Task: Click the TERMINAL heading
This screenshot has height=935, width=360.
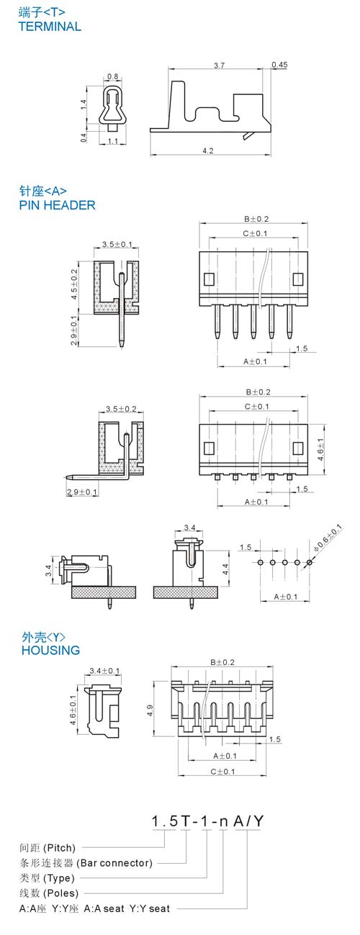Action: [x=50, y=27]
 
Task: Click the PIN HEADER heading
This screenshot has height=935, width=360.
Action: [x=57, y=205]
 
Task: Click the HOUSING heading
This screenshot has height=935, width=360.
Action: [x=50, y=650]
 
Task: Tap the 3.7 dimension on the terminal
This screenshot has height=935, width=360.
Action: [x=220, y=66]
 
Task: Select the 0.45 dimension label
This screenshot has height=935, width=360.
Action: [x=279, y=65]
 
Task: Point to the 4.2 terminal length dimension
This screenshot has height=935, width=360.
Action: [x=208, y=150]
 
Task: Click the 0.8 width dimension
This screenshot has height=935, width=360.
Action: [x=113, y=77]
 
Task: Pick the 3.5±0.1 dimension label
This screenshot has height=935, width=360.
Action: [x=117, y=244]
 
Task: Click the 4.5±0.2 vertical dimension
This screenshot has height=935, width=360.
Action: [x=74, y=284]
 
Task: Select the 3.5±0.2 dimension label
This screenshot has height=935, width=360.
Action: [x=121, y=409]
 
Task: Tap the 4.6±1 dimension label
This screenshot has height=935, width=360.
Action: [x=320, y=450]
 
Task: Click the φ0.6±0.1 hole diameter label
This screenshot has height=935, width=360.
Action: [x=328, y=538]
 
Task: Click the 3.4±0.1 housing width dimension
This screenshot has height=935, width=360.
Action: [x=104, y=671]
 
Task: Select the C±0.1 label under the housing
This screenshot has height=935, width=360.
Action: [x=222, y=772]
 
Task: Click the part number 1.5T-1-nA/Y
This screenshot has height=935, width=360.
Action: [x=207, y=821]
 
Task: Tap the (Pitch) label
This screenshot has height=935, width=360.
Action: [x=60, y=848]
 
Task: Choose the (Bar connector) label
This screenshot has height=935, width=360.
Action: [x=114, y=863]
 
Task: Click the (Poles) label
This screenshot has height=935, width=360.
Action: [x=61, y=893]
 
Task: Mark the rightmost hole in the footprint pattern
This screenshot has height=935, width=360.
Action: [x=309, y=563]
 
